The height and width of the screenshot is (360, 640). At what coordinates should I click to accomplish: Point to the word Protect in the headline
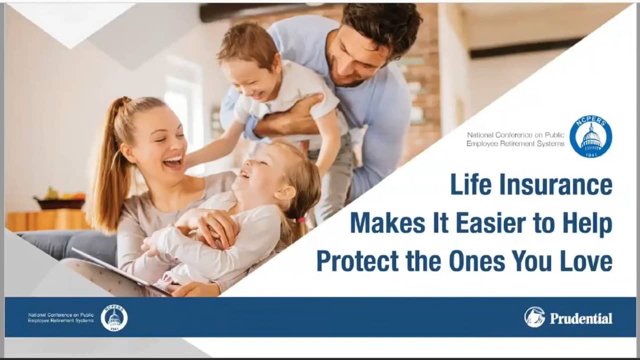pos(357,261)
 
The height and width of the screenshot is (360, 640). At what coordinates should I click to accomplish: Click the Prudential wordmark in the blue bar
pos(581,318)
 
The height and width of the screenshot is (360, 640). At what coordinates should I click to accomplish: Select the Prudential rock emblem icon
pos(534,317)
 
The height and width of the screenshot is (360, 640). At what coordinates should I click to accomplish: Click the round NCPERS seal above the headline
pos(591,136)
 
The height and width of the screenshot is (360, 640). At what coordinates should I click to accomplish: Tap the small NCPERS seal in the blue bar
pos(114,318)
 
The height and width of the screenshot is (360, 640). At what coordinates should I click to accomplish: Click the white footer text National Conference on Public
pos(61,315)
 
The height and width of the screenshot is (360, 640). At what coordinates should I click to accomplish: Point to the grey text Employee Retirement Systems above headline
pos(515,143)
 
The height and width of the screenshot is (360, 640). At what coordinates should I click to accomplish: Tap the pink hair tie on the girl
pos(301,219)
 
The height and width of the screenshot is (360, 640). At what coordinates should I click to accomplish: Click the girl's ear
pos(284,193)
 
